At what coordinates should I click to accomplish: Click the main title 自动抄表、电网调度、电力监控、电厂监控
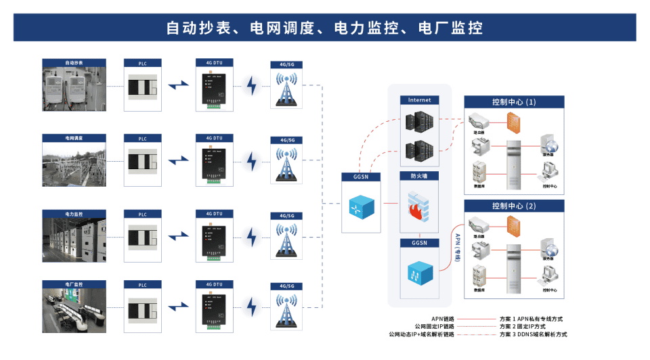pos(324,28)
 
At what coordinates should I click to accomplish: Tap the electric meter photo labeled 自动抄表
pos(74,89)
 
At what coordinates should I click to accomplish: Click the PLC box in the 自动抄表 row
pos(143,89)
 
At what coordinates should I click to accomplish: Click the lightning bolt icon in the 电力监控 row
pos(251,237)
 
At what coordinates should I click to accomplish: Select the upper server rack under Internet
pos(418,121)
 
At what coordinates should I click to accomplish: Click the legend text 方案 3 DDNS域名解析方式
pos(532,334)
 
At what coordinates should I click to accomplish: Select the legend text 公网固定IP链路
pos(434,326)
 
